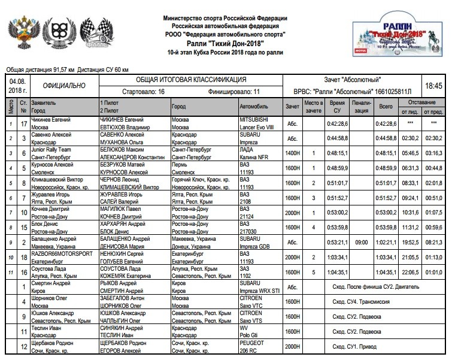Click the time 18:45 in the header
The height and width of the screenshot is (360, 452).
tap(432, 86)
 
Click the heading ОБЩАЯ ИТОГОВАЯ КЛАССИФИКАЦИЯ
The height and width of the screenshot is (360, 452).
tap(190, 80)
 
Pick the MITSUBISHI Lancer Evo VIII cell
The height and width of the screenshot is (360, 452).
tap(259, 123)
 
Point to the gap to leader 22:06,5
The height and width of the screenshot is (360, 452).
tap(409, 272)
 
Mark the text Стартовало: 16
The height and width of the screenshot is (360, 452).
tap(143, 93)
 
